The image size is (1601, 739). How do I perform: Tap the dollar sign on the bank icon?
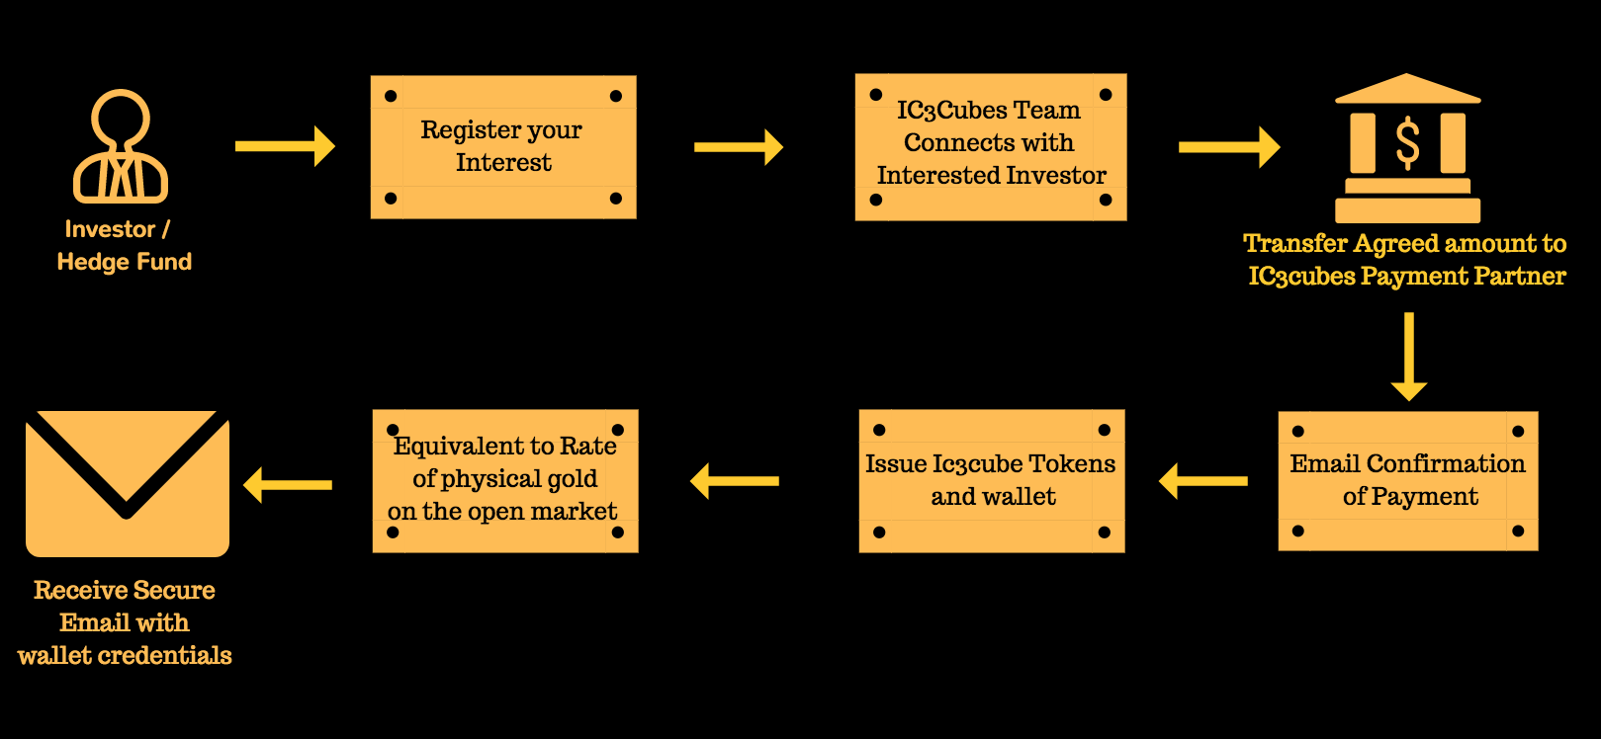point(1407,143)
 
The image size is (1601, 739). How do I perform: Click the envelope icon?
point(128,483)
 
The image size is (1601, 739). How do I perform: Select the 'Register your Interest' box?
point(503,147)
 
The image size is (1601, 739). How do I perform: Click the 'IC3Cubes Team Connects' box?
point(991,147)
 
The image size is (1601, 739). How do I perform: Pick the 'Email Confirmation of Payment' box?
point(1408,480)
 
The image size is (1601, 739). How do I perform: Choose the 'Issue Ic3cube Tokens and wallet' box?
point(991,480)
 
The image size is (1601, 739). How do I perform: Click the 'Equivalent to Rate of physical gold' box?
point(505,480)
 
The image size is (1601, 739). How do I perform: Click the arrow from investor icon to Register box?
point(285,146)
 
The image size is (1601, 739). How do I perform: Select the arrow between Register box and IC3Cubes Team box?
point(739,147)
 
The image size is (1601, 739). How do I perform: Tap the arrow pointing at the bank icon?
point(1229,147)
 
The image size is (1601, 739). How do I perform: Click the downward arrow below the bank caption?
point(1409,357)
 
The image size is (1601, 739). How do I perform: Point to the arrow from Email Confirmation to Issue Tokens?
point(1202,481)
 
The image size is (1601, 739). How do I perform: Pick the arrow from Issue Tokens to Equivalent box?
point(734,481)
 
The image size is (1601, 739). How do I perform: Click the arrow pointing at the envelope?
point(288,485)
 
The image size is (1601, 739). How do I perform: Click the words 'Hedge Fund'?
point(125,262)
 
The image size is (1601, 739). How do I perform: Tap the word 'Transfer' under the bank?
point(1295,243)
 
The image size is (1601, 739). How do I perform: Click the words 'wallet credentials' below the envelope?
point(125,655)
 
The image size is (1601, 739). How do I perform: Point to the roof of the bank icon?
point(1407,89)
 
